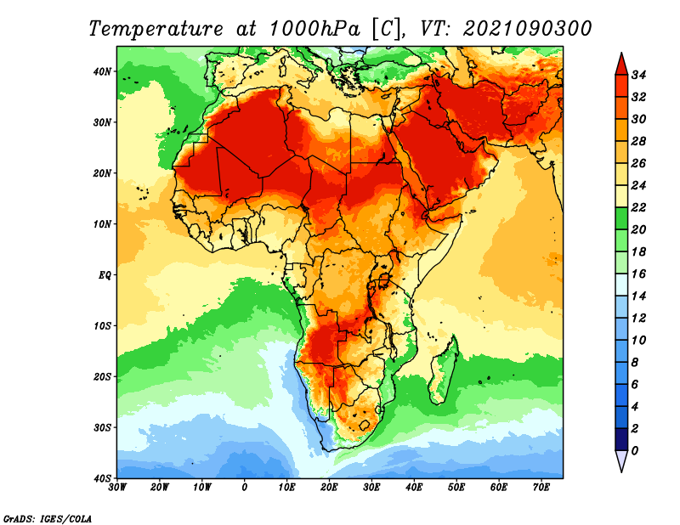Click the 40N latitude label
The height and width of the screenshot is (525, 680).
point(102,71)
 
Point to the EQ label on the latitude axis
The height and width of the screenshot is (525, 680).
point(105,275)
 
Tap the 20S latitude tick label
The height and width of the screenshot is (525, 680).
point(102,376)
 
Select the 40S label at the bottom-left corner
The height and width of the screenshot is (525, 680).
point(102,478)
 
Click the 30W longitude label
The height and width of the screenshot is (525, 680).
point(117,488)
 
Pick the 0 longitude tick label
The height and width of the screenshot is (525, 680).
point(245,488)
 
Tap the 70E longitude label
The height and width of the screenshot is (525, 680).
point(541,488)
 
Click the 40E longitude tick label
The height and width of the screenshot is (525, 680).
point(414,488)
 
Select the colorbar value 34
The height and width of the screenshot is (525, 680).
point(638,75)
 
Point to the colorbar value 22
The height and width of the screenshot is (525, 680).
point(638,207)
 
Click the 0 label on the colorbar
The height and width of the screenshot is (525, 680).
point(635,451)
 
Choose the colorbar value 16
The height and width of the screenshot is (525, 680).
point(638,274)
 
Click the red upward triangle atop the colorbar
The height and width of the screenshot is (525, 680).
point(621,65)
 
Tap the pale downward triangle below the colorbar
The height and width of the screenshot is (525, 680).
point(621,460)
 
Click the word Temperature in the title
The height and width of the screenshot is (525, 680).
point(156,29)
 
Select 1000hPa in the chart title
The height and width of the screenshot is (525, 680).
point(314,29)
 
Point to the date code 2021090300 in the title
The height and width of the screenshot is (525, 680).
point(527,29)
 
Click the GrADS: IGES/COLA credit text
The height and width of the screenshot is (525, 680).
point(48,518)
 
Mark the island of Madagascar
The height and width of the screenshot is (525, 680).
point(443,371)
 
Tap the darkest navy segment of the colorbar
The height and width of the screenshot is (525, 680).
point(621,439)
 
